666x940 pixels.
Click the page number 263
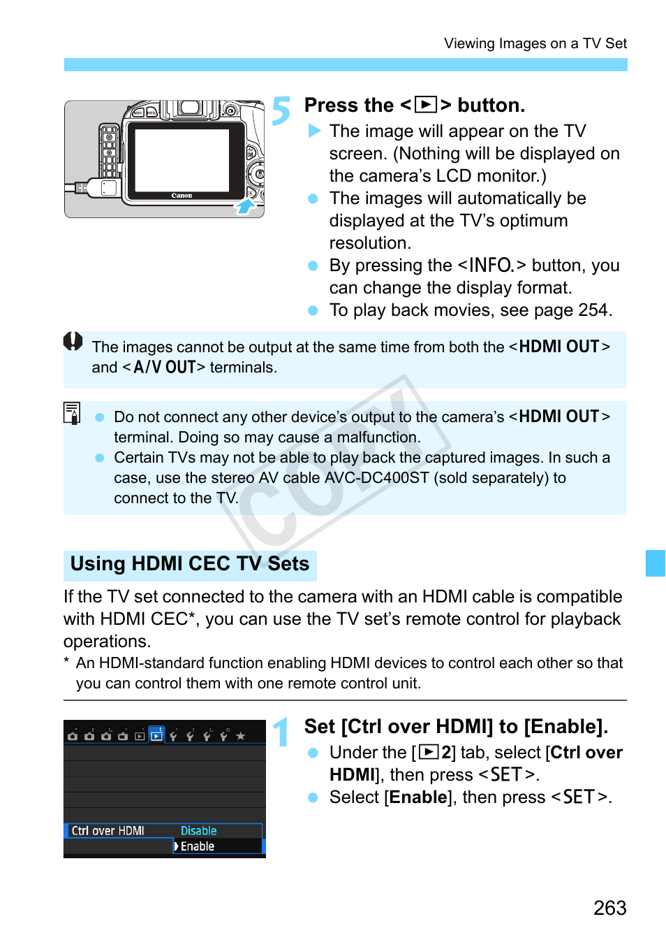609,908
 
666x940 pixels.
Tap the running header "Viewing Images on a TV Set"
535,43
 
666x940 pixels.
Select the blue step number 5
281,110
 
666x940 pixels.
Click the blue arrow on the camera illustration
245,206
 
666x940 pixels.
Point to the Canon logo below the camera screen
182,196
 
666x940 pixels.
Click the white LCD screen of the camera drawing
182,160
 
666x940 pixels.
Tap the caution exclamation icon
73,341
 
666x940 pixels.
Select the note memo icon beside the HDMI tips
72,413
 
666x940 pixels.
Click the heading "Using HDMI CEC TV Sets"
189,563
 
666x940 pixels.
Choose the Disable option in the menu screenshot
199,830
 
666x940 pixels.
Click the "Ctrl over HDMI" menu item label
108,830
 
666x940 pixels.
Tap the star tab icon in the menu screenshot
241,736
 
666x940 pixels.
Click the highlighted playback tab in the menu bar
157,735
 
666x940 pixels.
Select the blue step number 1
281,732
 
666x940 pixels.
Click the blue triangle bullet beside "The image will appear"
314,131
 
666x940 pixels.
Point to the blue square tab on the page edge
655,563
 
